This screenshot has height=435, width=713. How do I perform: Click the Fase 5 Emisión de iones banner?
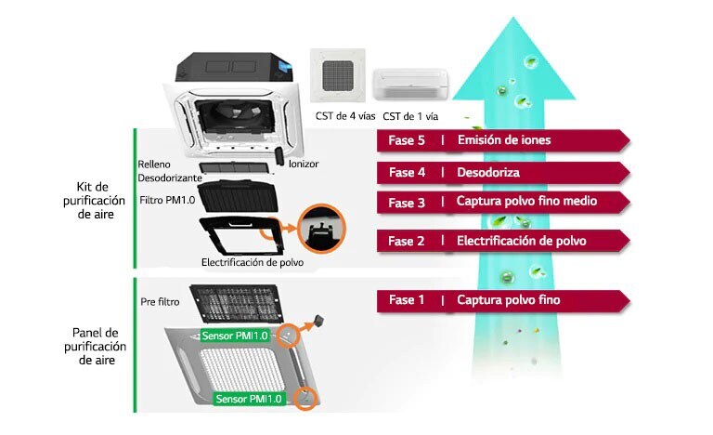[501, 140]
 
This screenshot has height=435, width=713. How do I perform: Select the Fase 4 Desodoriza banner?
[501, 173]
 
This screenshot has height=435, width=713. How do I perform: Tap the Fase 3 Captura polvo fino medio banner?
[501, 203]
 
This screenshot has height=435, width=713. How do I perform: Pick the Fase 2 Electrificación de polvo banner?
[501, 242]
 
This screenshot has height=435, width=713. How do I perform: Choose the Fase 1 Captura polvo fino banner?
[501, 300]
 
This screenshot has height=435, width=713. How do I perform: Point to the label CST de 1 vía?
[409, 116]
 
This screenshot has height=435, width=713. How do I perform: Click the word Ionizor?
[303, 164]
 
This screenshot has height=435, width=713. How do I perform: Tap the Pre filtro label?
[160, 302]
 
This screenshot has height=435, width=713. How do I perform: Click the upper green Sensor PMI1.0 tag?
[234, 335]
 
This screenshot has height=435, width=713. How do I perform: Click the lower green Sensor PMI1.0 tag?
[248, 399]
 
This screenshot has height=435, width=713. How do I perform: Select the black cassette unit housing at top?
[238, 69]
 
